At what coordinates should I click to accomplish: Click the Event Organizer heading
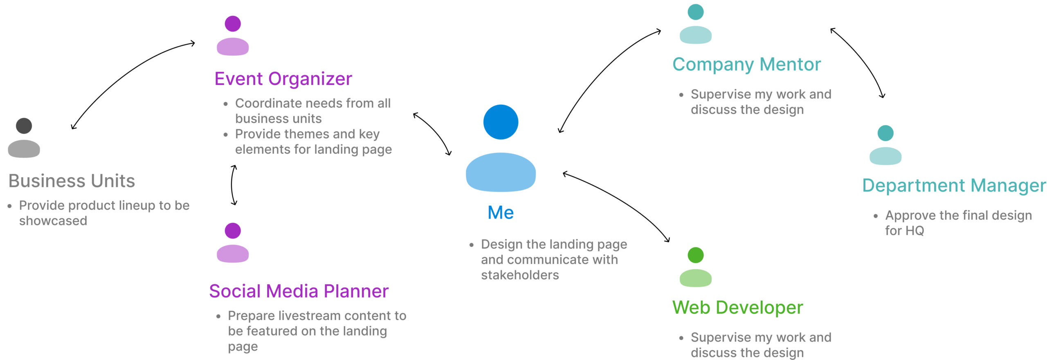pyautogui.click(x=283, y=79)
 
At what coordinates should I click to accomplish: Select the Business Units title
pyautogui.click(x=72, y=181)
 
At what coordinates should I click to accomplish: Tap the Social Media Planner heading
pyautogui.click(x=299, y=291)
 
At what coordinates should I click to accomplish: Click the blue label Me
pyautogui.click(x=501, y=213)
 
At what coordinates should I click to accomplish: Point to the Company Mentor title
pyautogui.click(x=746, y=65)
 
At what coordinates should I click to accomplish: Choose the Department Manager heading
pyautogui.click(x=954, y=186)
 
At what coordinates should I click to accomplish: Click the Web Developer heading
pyautogui.click(x=737, y=308)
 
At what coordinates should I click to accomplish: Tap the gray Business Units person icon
pyautogui.click(x=24, y=138)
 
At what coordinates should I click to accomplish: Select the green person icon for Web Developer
pyautogui.click(x=695, y=267)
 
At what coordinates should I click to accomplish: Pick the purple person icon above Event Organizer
pyautogui.click(x=232, y=36)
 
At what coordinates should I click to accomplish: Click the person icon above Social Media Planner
pyautogui.click(x=232, y=243)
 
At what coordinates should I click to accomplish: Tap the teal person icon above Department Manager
pyautogui.click(x=885, y=145)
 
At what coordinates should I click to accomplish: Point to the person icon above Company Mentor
pyautogui.click(x=695, y=24)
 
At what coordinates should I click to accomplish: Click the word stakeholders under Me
pyautogui.click(x=520, y=275)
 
